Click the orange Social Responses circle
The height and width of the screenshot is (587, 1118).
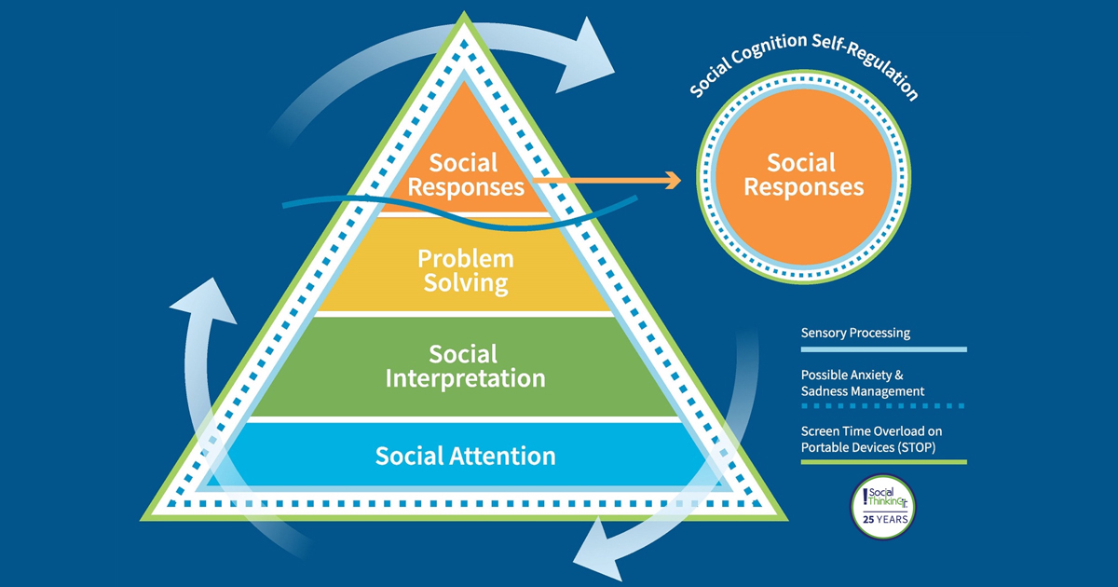point(802,177)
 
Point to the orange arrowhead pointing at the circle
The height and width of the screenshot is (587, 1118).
point(673,180)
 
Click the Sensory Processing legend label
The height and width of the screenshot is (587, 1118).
point(855,333)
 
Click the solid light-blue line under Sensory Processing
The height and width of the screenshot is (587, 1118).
point(883,349)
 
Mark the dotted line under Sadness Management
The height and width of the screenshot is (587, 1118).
point(883,405)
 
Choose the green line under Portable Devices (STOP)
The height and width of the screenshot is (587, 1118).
point(883,460)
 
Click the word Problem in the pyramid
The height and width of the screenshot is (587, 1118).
point(466,257)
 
